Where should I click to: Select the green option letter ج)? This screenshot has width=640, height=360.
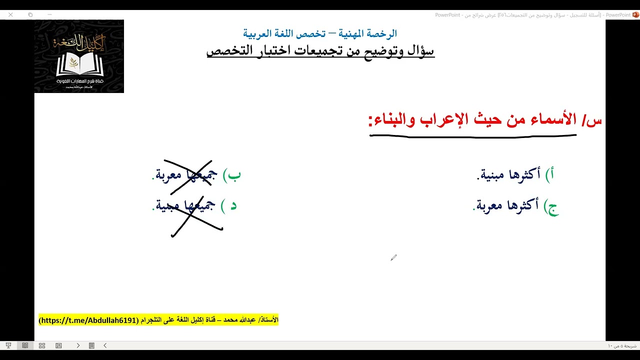tap(551, 207)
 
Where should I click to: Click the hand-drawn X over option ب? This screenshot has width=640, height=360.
tap(188, 173)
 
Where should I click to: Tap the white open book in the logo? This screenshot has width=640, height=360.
tap(79, 64)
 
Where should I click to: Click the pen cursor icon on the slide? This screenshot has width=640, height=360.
tap(393, 257)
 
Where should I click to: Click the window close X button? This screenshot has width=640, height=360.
tap(10, 15)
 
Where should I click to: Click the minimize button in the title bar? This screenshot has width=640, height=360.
tap(49, 15)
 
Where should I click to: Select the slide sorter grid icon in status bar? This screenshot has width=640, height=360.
tap(42, 345)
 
